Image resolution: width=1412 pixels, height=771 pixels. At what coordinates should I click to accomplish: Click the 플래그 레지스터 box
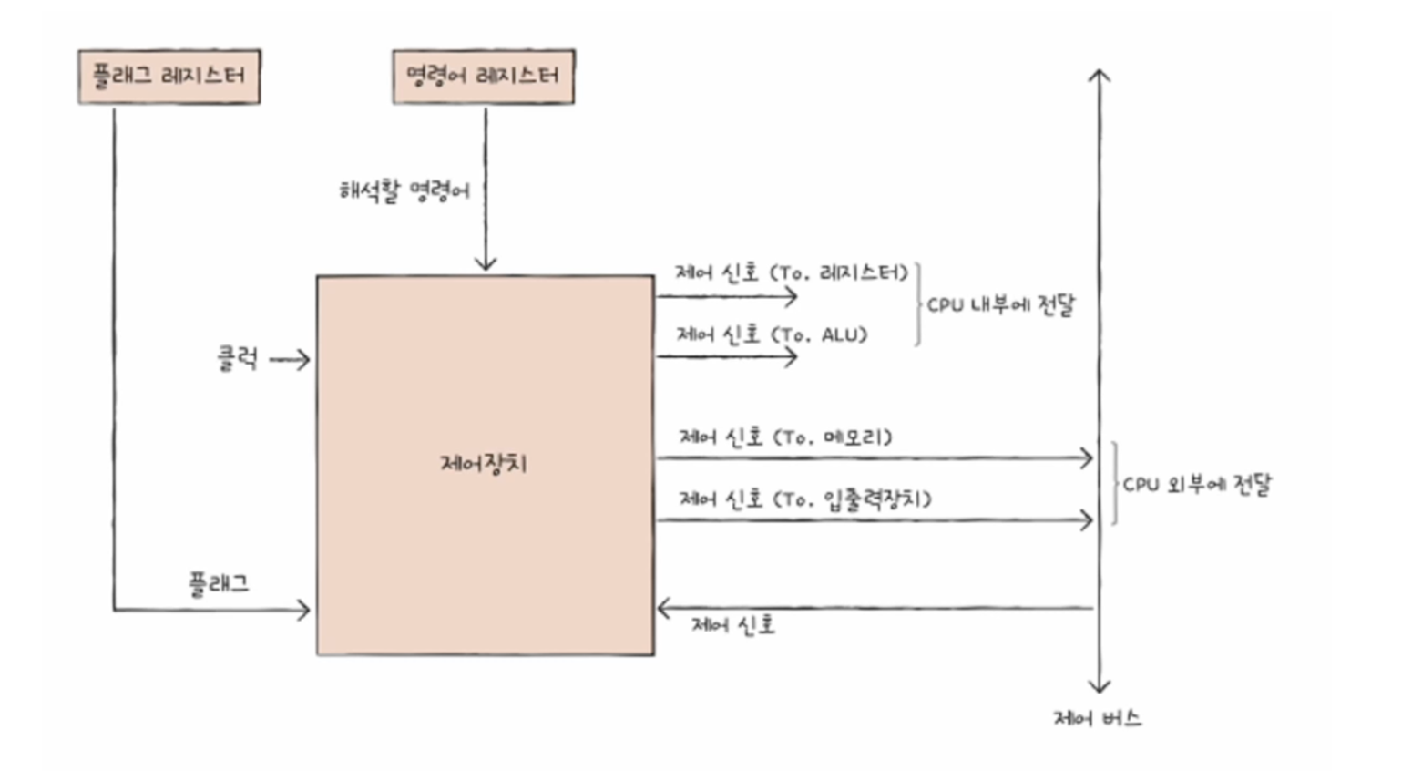169,77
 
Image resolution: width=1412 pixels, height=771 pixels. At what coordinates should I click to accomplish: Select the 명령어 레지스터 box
483,77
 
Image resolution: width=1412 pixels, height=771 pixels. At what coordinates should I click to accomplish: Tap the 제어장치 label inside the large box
484,463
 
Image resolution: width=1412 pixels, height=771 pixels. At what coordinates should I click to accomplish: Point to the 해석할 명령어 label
404,190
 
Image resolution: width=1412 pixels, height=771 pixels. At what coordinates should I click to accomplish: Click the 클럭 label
237,358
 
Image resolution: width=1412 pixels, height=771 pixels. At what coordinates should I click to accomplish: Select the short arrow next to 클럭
290,360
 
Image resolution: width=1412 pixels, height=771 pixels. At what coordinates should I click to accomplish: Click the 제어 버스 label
1097,718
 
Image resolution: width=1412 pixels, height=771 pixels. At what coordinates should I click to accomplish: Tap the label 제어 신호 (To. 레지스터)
791,272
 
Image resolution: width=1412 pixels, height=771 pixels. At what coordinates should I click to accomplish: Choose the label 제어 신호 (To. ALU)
772,334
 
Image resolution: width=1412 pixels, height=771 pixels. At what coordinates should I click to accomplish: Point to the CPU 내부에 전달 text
1000,304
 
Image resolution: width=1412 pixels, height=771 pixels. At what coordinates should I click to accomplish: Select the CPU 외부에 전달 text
1196,484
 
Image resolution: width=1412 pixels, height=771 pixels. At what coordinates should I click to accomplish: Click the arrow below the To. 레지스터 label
727,296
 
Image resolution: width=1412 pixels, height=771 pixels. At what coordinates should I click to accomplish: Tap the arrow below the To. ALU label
727,356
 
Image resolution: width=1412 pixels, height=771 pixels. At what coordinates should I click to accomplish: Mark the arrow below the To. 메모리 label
875,457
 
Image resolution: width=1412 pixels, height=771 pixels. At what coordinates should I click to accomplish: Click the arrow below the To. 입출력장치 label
875,520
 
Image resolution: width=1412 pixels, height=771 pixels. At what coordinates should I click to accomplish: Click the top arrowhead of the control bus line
1100,75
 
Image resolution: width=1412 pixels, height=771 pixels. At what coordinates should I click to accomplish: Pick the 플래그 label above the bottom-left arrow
219,583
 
